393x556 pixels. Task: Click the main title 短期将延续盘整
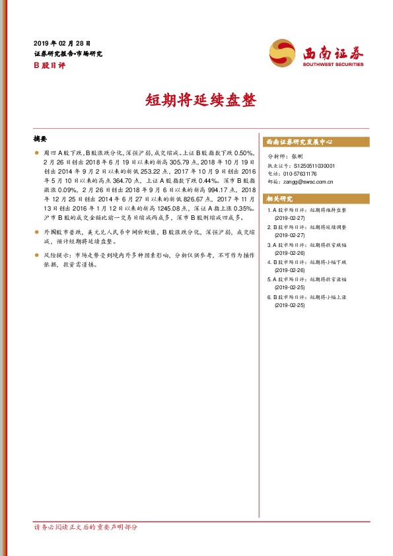pos(196,100)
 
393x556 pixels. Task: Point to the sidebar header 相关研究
pos(279,199)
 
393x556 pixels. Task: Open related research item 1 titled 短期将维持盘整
pos(308,211)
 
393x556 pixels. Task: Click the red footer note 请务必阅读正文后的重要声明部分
pos(85,528)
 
